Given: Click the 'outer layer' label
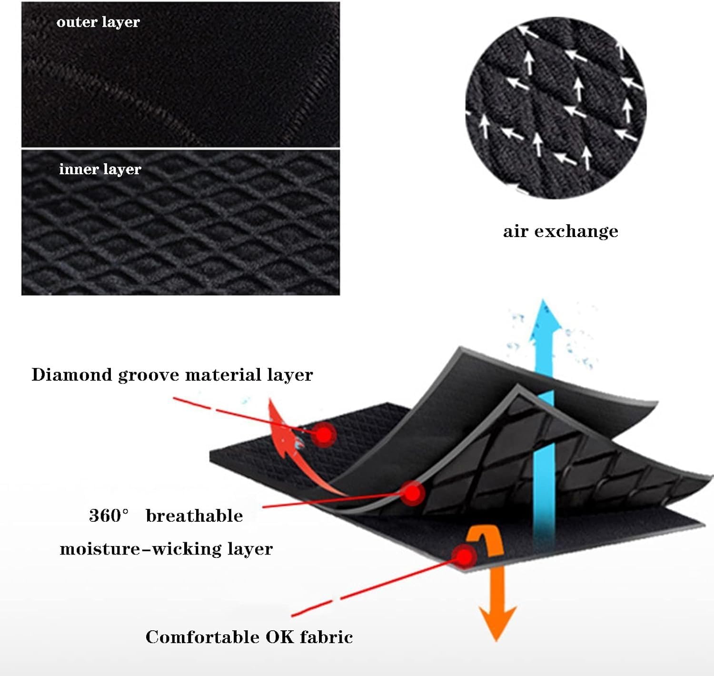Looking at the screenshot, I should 98,22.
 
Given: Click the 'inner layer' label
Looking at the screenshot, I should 100,169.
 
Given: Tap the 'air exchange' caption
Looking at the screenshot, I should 560,231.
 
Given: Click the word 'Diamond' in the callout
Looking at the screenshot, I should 71,375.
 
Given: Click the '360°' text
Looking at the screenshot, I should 109,516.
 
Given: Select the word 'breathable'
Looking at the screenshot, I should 194,516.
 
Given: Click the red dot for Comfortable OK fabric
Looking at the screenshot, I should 464,555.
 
